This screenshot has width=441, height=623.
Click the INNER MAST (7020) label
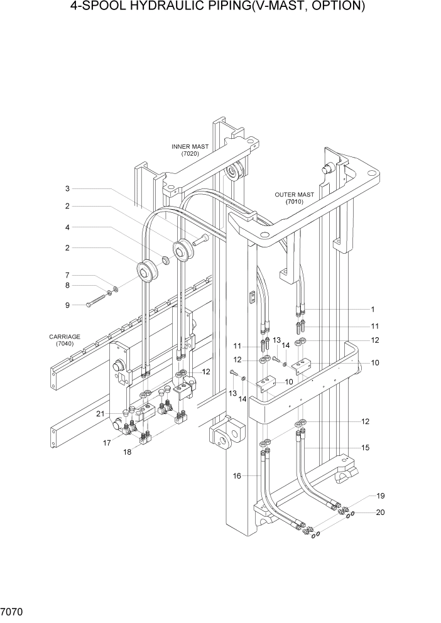[x=190, y=150]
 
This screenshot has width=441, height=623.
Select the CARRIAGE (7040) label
[x=65, y=340]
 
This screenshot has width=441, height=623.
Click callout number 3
[x=67, y=189]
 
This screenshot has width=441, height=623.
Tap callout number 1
[x=373, y=309]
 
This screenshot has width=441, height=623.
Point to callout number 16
[x=237, y=476]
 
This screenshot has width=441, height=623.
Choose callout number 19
[x=380, y=496]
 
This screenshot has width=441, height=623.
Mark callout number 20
[x=380, y=512]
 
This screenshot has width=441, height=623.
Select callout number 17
[x=107, y=442]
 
